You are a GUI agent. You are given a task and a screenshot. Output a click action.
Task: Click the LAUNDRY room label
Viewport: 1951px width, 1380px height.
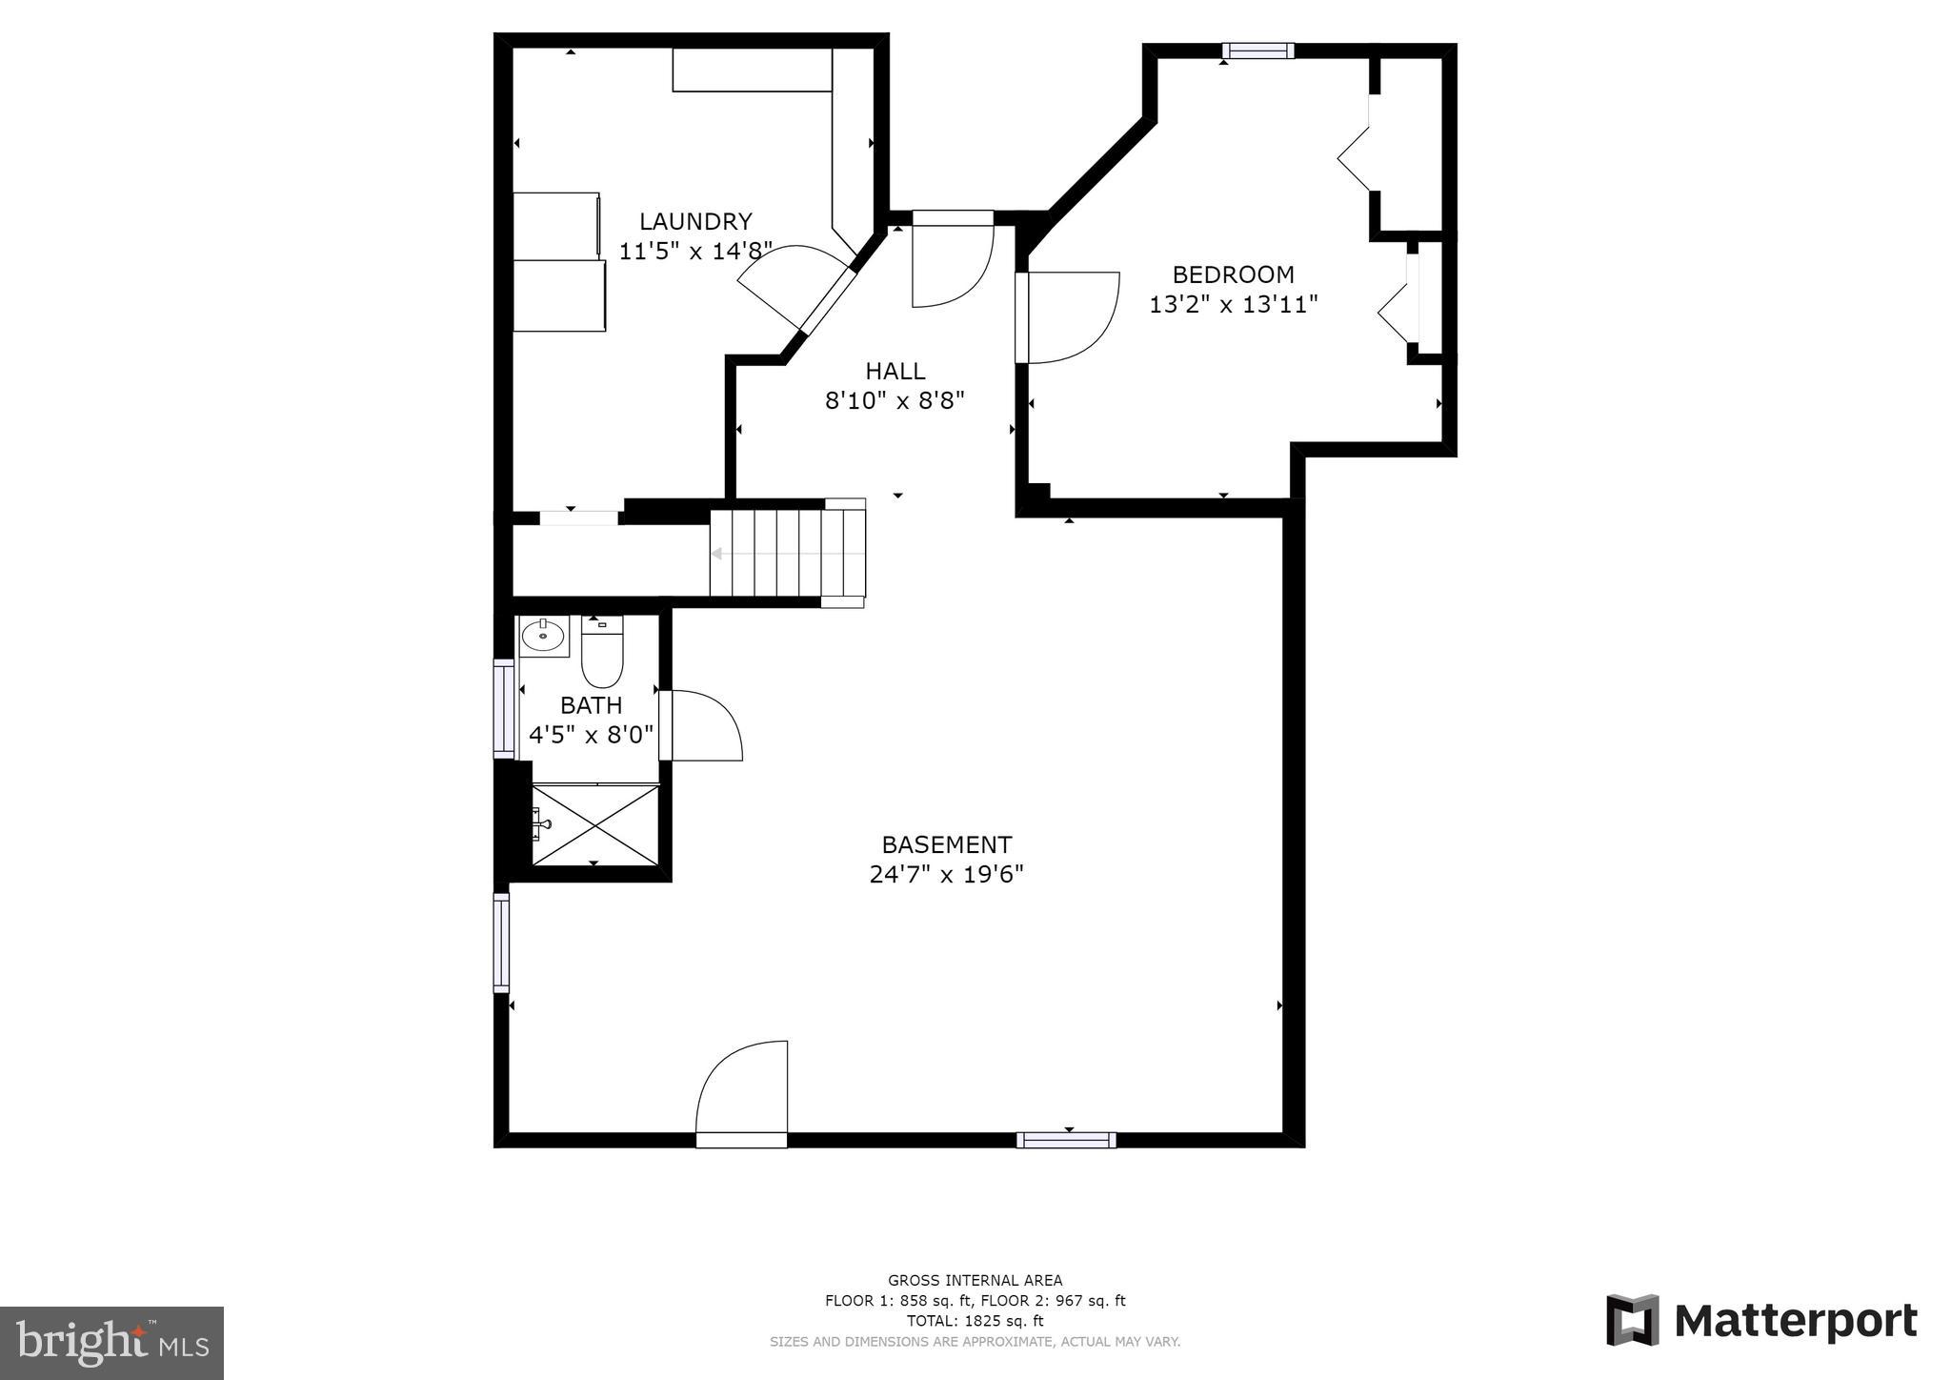[x=695, y=221]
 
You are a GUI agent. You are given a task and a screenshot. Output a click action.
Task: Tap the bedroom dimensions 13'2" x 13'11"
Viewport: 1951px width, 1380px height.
[x=1234, y=305]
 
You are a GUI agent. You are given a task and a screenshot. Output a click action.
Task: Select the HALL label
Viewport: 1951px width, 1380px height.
[x=895, y=371]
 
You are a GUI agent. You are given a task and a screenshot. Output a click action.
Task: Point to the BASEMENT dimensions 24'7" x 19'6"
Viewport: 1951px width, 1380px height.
[x=946, y=875]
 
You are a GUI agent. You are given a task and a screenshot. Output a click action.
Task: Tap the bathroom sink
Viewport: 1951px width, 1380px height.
[x=543, y=635]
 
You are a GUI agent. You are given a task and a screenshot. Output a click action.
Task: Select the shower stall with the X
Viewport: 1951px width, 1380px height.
[x=595, y=824]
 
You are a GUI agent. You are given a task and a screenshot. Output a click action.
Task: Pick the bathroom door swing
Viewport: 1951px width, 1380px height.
[x=702, y=726]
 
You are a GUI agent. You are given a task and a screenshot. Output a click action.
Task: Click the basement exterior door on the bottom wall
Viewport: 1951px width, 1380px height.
[x=742, y=1096]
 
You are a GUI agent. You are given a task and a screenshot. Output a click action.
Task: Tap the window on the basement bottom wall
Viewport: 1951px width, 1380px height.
[x=1066, y=1140]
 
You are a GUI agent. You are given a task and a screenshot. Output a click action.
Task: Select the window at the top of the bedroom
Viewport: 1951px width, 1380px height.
[x=1258, y=51]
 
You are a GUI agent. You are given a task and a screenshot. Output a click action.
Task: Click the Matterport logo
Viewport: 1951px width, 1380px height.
[x=1761, y=1321]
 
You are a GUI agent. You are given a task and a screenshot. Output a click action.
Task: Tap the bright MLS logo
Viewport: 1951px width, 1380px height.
[x=112, y=1343]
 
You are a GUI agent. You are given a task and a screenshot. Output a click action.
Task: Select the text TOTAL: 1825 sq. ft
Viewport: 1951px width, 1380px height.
[x=975, y=1321]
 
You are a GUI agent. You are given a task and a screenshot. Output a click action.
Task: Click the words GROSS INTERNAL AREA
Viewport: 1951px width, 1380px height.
[x=975, y=1280]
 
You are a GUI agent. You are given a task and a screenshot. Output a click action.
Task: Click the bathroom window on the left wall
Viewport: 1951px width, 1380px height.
[x=502, y=709]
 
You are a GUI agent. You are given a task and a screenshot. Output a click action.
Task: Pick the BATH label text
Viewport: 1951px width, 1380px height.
[x=591, y=705]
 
